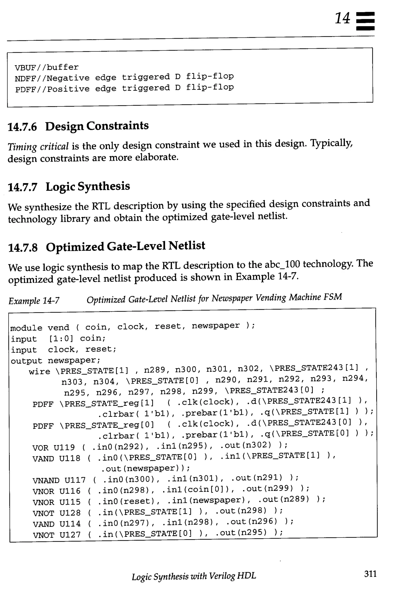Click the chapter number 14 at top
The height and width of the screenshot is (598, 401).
(x=342, y=18)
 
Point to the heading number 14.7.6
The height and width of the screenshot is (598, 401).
(x=23, y=127)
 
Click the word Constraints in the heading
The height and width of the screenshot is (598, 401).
(x=117, y=126)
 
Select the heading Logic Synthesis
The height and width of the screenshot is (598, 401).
(x=88, y=186)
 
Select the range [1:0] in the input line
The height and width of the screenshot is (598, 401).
(x=61, y=339)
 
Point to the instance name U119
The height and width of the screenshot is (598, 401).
(x=64, y=447)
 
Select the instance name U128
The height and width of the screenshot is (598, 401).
(x=70, y=513)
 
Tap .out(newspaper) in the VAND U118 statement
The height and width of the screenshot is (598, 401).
(x=145, y=469)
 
